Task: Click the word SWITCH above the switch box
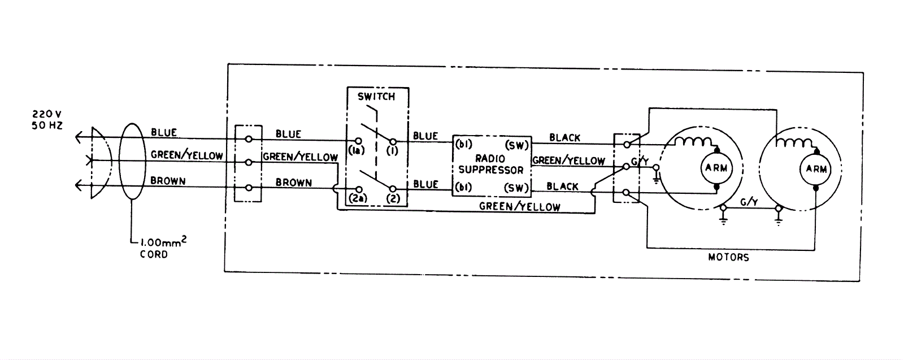[x=376, y=97]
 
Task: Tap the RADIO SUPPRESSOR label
[x=490, y=164]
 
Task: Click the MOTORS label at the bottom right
[x=728, y=257]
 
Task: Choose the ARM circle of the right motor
[x=816, y=169]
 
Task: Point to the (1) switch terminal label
[x=392, y=150]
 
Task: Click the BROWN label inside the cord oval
[x=168, y=181]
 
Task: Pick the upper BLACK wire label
[x=564, y=137]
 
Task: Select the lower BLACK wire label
[x=563, y=186]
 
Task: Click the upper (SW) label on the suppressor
[x=516, y=145]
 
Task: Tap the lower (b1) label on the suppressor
[x=464, y=187]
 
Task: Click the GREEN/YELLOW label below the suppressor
[x=519, y=207]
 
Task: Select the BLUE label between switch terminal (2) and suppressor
[x=425, y=184]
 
